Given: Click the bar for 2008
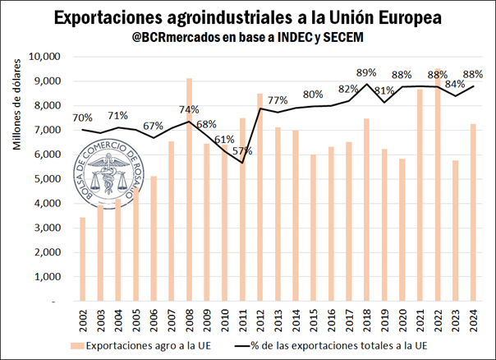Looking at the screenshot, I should pos(190,189).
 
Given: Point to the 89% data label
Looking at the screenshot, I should pos(367,72).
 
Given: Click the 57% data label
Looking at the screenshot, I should pos(241,151).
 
